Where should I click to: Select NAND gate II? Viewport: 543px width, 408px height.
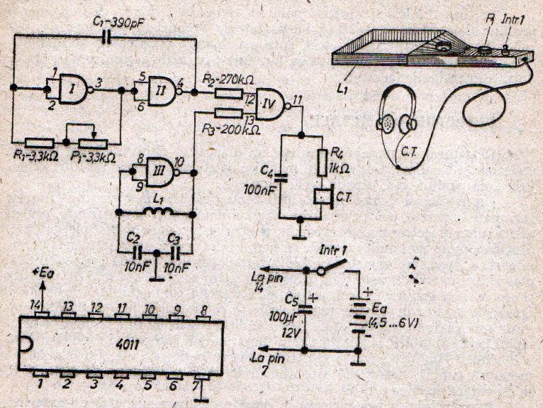coord(161,89)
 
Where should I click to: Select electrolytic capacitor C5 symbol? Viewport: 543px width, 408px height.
coord(306,306)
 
